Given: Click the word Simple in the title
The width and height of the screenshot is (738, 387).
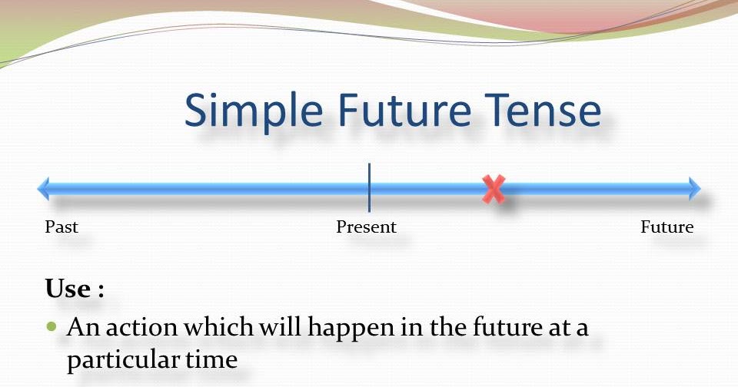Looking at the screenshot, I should coord(248,111).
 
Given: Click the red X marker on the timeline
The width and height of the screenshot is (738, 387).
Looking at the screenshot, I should coord(494,189).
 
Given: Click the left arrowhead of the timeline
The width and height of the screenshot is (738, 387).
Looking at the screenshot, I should coord(44,188).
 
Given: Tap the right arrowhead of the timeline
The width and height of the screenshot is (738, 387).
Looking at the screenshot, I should coord(694,188).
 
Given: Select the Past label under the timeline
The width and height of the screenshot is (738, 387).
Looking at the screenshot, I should coord(61,227).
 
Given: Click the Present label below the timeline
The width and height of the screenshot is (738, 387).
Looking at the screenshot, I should coord(367,227).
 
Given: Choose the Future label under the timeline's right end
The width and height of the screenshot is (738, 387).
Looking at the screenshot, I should coord(667,227).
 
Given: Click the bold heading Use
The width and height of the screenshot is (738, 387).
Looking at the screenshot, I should coord(68,290).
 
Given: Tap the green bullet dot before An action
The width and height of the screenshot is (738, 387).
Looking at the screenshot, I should coord(52,326).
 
